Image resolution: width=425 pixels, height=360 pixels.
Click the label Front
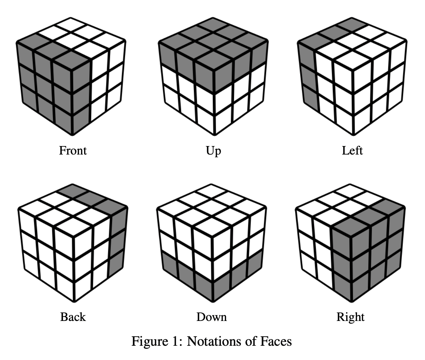73,150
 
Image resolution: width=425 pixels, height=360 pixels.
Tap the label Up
213,150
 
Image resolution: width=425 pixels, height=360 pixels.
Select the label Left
352,150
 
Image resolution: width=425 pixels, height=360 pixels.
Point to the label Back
73,317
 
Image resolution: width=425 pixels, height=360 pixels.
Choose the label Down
211,317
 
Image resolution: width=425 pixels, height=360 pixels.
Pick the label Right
350,317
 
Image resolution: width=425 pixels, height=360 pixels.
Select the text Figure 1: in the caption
157,341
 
